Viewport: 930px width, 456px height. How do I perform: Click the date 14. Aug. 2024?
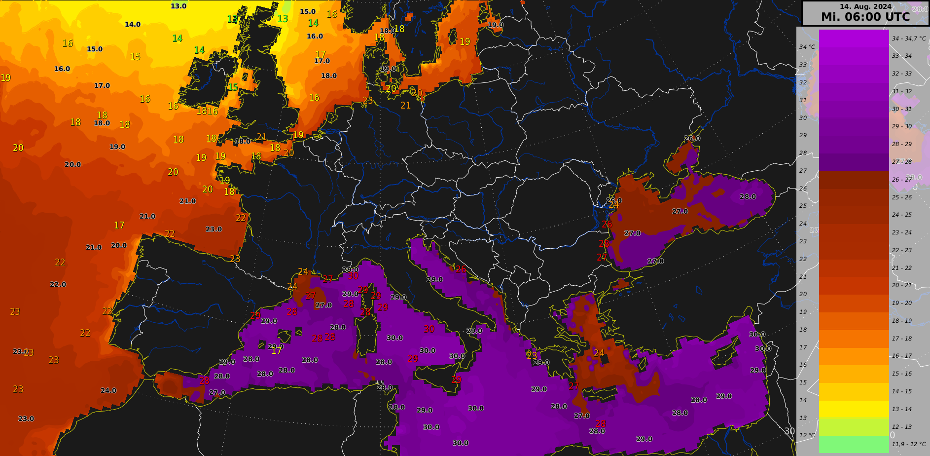click(x=865, y=6)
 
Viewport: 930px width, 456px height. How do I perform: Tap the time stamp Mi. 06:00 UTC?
click(x=865, y=17)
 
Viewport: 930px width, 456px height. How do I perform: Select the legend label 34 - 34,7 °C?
click(x=909, y=38)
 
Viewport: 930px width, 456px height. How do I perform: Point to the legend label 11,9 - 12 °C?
click(x=908, y=444)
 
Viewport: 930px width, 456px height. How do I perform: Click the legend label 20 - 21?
click(x=902, y=285)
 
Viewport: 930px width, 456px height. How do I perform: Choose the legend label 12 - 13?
click(x=902, y=427)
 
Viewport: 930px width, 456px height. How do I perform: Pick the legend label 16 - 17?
click(x=902, y=356)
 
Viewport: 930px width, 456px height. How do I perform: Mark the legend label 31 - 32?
click(x=902, y=91)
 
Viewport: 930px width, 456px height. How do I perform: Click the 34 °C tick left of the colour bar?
click(x=807, y=47)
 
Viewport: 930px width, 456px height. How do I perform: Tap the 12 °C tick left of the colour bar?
click(x=807, y=435)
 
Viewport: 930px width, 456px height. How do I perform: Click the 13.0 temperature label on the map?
click(x=179, y=6)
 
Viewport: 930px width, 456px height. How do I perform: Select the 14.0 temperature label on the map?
click(x=133, y=25)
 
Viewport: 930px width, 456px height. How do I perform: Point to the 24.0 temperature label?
click(x=108, y=391)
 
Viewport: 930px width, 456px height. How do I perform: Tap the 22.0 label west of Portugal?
click(x=58, y=285)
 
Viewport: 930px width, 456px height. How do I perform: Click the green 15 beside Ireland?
click(x=233, y=88)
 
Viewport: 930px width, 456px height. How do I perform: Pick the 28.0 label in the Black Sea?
click(x=748, y=197)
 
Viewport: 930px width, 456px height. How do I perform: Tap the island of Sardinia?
click(x=367, y=336)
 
